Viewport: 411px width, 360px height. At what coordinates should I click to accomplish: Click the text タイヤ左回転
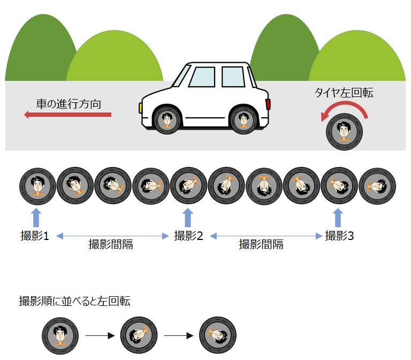coord(344,93)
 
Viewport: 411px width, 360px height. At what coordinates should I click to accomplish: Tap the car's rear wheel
coord(244,120)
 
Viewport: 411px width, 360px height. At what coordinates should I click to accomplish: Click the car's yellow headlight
coord(140,107)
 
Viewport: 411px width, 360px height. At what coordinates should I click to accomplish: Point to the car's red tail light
coord(268,104)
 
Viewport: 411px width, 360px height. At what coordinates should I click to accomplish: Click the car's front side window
coord(202,77)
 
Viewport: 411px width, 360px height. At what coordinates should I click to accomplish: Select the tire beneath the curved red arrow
coord(344,131)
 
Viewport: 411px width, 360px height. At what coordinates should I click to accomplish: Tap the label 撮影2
coord(188,235)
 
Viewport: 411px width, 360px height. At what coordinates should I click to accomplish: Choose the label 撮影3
coord(339,235)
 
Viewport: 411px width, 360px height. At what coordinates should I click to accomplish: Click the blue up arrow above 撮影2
coord(188,217)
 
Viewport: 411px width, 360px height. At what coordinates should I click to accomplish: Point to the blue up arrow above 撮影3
coord(337,217)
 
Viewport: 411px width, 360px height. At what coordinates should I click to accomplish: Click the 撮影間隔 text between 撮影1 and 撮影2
coord(111,245)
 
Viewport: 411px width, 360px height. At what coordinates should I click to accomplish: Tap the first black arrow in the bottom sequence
coord(101,336)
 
